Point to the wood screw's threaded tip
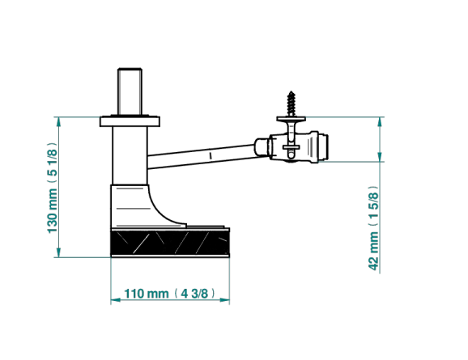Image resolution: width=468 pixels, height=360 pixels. pos(291,92)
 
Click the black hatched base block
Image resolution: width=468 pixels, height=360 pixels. pos(170,243)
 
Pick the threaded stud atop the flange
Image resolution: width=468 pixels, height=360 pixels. pos(130,91)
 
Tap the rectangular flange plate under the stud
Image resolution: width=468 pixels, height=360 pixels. pos(130,121)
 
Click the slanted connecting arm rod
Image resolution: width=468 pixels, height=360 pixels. pos(202,156)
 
